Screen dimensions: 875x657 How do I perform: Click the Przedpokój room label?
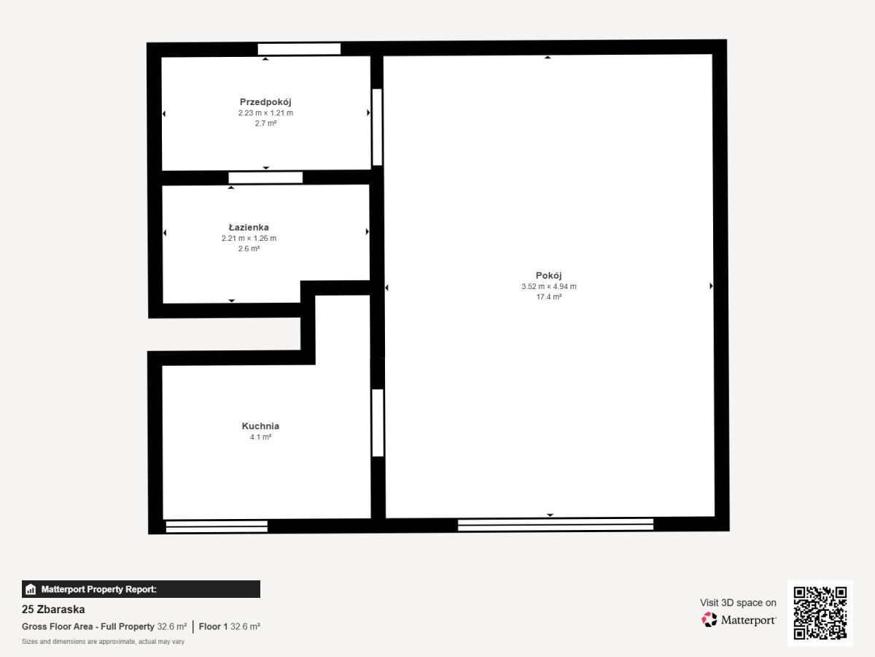coord(265,102)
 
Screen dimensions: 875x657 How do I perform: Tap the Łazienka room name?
coord(249,227)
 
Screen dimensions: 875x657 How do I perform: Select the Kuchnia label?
coord(260,426)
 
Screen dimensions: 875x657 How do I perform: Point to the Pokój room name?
coord(548,276)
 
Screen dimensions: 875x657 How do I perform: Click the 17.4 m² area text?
coord(549,297)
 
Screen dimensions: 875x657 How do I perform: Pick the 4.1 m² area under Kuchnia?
coord(261,437)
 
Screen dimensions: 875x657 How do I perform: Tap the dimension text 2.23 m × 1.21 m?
coord(265,113)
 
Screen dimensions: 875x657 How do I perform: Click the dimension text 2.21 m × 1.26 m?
coord(249,238)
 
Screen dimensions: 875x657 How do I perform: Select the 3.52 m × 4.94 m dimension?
coord(549,286)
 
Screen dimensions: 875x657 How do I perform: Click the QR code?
coord(820,613)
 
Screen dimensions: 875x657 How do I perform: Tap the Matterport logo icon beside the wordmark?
coord(709,620)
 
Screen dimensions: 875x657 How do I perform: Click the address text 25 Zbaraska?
coord(53,610)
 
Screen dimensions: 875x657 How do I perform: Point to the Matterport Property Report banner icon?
coord(31,589)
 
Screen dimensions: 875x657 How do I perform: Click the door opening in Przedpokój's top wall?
coord(299,49)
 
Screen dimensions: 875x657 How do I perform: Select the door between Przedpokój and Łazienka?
coord(265,178)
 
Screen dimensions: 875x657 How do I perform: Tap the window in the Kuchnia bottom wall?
coord(217,526)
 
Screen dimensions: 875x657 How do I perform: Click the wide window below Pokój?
coord(556,525)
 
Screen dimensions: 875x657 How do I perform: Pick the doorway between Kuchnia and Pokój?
coord(378,423)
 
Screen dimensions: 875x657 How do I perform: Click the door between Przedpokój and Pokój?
coord(377,127)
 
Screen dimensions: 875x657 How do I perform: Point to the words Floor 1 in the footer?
coord(213,626)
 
